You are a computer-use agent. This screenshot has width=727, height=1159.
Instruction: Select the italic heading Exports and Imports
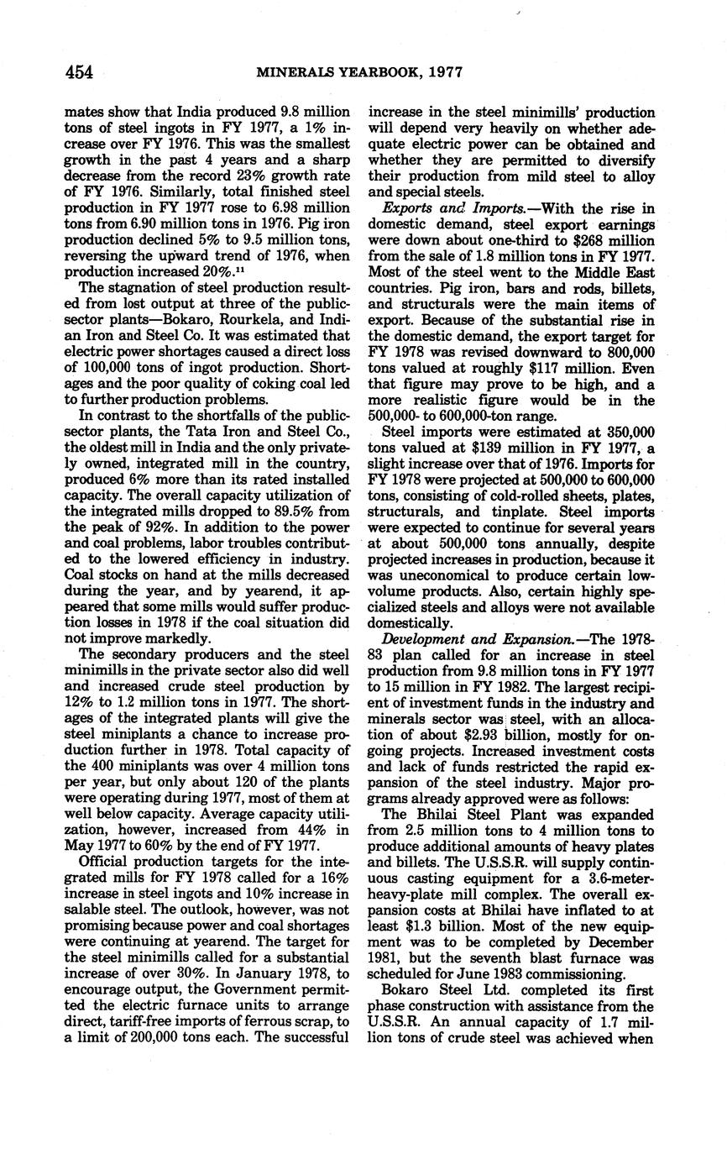pyautogui.click(x=449, y=208)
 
